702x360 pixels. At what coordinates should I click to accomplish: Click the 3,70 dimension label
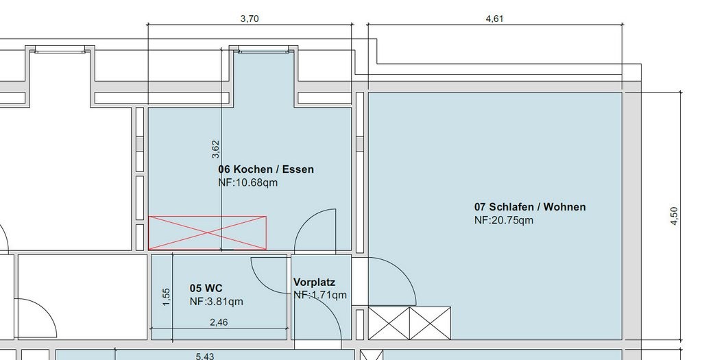pos(250,19)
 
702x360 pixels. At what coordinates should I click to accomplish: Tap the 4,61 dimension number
pos(495,19)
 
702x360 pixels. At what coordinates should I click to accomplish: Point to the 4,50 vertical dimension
pos(675,216)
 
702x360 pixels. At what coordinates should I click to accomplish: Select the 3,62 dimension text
pos(215,149)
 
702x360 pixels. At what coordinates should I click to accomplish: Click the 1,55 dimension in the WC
pos(166,297)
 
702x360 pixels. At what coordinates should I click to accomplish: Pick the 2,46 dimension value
pos(219,322)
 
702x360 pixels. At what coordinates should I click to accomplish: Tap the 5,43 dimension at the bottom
pos(204,357)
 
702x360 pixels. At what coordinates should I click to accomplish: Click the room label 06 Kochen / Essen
pos(266,169)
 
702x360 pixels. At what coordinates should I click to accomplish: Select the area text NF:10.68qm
pos(248,182)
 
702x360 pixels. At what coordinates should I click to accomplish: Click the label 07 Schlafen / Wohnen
pos(530,207)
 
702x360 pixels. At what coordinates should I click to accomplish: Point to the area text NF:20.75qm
pos(504,220)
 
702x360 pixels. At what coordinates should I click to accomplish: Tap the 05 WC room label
pos(206,288)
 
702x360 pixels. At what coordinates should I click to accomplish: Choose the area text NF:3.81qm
pos(217,302)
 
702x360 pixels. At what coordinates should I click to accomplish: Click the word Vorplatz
pos(314,283)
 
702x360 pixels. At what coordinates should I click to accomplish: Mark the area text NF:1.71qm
pos(320,295)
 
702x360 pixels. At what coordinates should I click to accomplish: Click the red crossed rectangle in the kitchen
pos(207,233)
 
